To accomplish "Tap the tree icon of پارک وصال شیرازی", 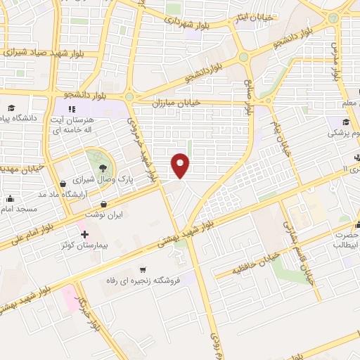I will point(103,166).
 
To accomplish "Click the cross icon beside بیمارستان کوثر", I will point(84,234).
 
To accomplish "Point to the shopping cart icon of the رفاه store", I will point(143,269).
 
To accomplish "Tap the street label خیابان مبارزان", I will point(181,103).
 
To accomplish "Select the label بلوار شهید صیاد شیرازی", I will point(42,51).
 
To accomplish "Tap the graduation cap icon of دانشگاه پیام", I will point(11,108).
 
